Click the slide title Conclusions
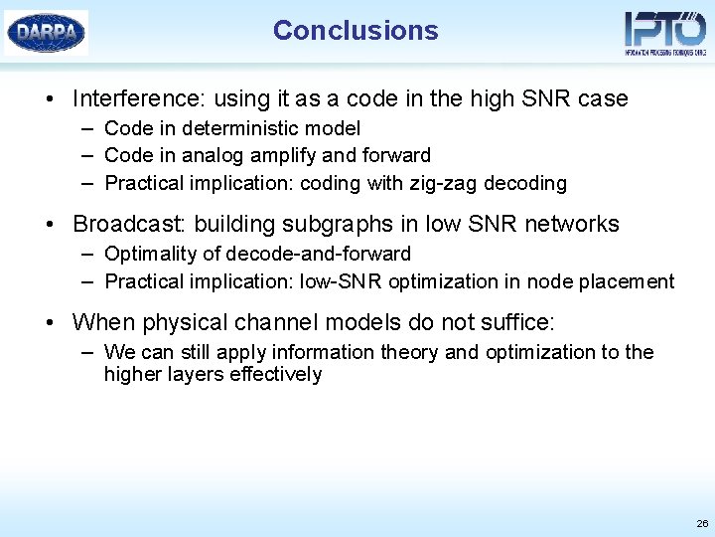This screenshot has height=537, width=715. click(356, 31)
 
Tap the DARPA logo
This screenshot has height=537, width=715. click(47, 33)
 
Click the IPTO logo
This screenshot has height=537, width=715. click(664, 33)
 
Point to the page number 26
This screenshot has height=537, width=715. click(702, 523)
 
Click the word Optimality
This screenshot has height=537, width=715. click(151, 254)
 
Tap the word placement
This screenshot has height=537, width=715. click(625, 281)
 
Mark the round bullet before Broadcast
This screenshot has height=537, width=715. click(49, 225)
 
